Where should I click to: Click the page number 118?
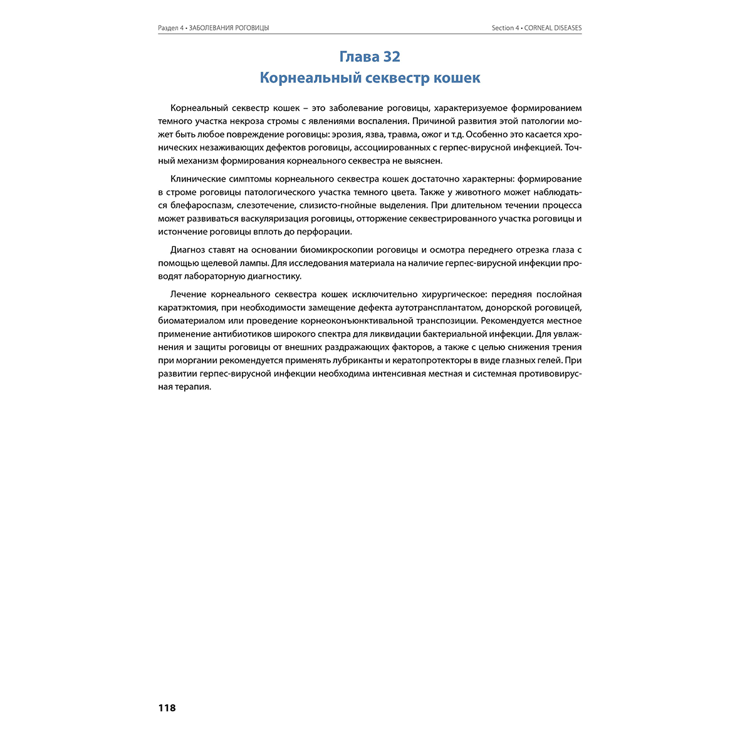[x=167, y=708]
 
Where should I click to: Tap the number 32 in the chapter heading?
[x=390, y=56]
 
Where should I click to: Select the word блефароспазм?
[x=200, y=206]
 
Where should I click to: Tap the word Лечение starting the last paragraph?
[x=188, y=294]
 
